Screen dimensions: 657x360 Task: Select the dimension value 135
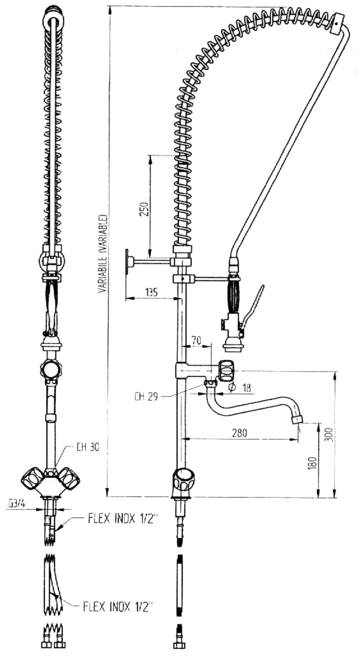(151, 293)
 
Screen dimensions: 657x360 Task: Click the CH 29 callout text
(146, 397)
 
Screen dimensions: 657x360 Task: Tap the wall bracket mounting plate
(127, 262)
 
